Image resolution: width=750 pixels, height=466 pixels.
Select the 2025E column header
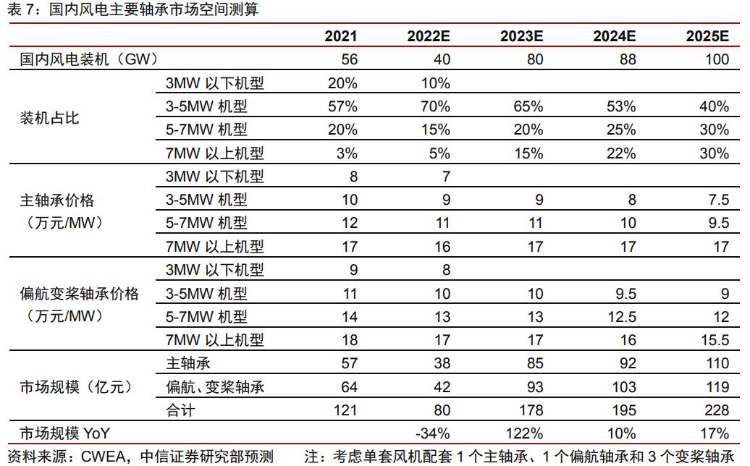(707, 37)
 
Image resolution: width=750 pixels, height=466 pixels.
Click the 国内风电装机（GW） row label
(89, 59)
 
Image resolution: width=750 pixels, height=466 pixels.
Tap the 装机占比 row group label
(49, 118)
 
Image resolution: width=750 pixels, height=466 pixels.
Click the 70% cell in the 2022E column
(435, 106)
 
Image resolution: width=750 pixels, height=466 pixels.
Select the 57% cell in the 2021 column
(342, 106)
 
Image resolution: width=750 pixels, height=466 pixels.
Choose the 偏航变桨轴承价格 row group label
(79, 294)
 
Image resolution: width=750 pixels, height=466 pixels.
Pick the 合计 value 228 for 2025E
(717, 410)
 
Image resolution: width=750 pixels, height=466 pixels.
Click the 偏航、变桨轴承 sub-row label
(215, 387)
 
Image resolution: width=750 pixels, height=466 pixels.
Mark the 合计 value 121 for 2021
(345, 410)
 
